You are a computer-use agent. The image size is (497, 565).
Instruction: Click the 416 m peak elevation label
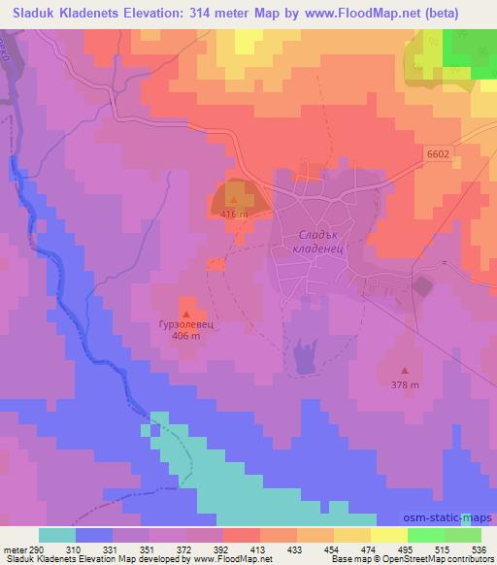click(235, 214)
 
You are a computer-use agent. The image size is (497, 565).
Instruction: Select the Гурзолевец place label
click(185, 325)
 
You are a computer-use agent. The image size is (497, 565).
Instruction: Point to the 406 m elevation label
click(186, 336)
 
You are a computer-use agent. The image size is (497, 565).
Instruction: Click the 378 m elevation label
click(405, 384)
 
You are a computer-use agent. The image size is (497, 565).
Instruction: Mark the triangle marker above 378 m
click(405, 371)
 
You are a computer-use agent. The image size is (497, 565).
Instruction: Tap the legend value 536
click(480, 550)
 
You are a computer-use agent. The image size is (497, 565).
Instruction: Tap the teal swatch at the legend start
click(57, 535)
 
